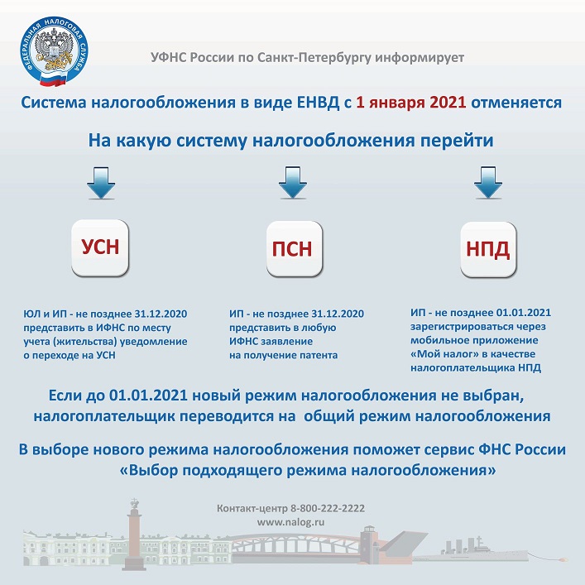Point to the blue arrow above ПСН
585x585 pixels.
pos(293,183)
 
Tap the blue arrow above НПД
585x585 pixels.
pos(486,183)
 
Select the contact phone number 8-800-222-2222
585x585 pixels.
pos(325,508)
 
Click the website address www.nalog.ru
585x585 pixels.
pos(290,523)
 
